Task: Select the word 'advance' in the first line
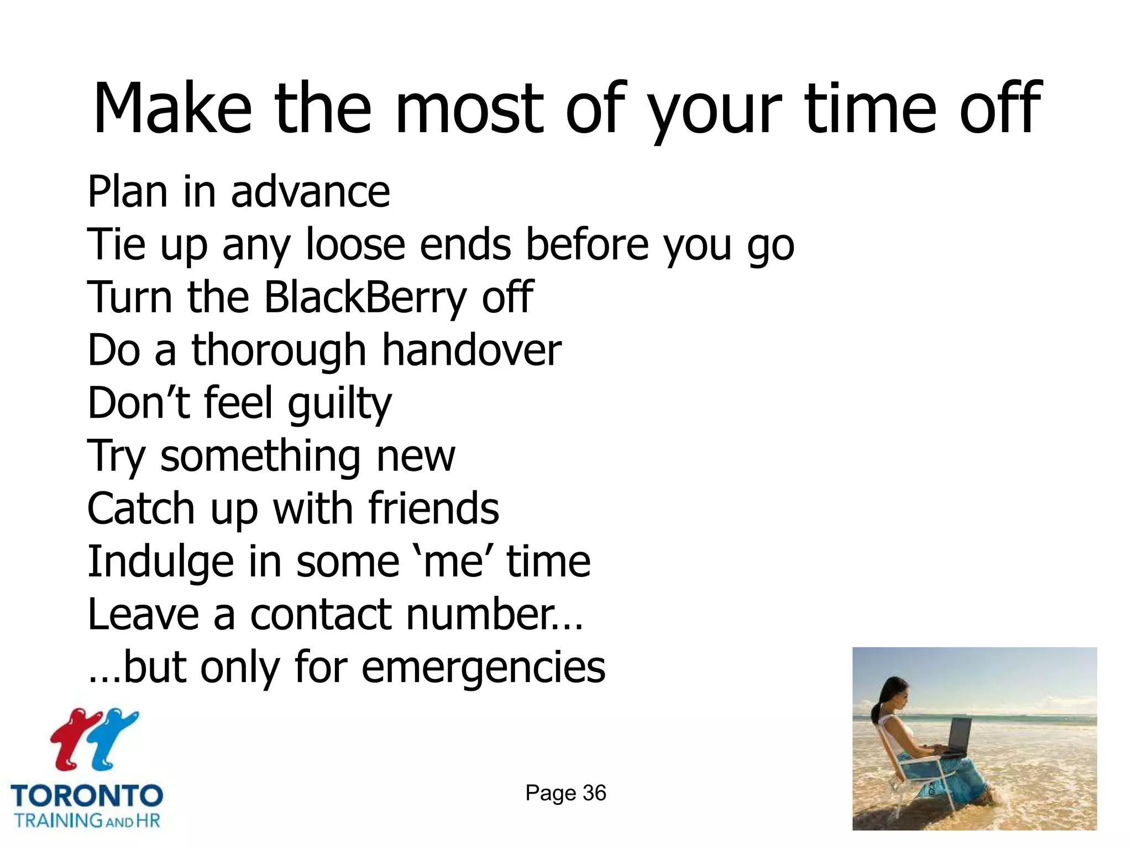tap(310, 192)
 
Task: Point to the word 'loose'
tap(355, 244)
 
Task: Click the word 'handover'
tap(471, 350)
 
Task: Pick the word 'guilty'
tap(339, 403)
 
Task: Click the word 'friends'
tap(433, 509)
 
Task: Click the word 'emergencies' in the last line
tap(484, 668)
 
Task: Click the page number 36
tap(594, 793)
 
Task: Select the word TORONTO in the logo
tap(87, 796)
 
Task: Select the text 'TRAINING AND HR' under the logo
tap(87, 820)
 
